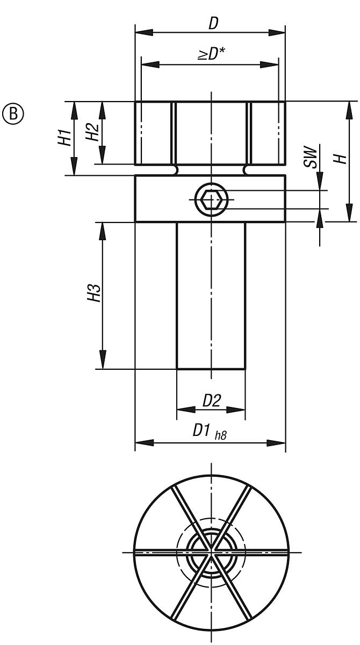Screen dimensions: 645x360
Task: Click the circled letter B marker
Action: point(13,114)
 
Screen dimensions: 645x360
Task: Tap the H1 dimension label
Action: point(64,138)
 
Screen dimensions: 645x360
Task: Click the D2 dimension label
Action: point(212,400)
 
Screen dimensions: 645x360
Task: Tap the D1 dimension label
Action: point(203,432)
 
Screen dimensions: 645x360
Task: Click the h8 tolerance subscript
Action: point(220,435)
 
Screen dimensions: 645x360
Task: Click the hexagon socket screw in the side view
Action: point(211,200)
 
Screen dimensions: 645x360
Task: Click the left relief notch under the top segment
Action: point(174,170)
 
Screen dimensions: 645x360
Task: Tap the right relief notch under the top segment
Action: point(248,170)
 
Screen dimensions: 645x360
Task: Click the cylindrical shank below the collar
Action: point(211,296)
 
